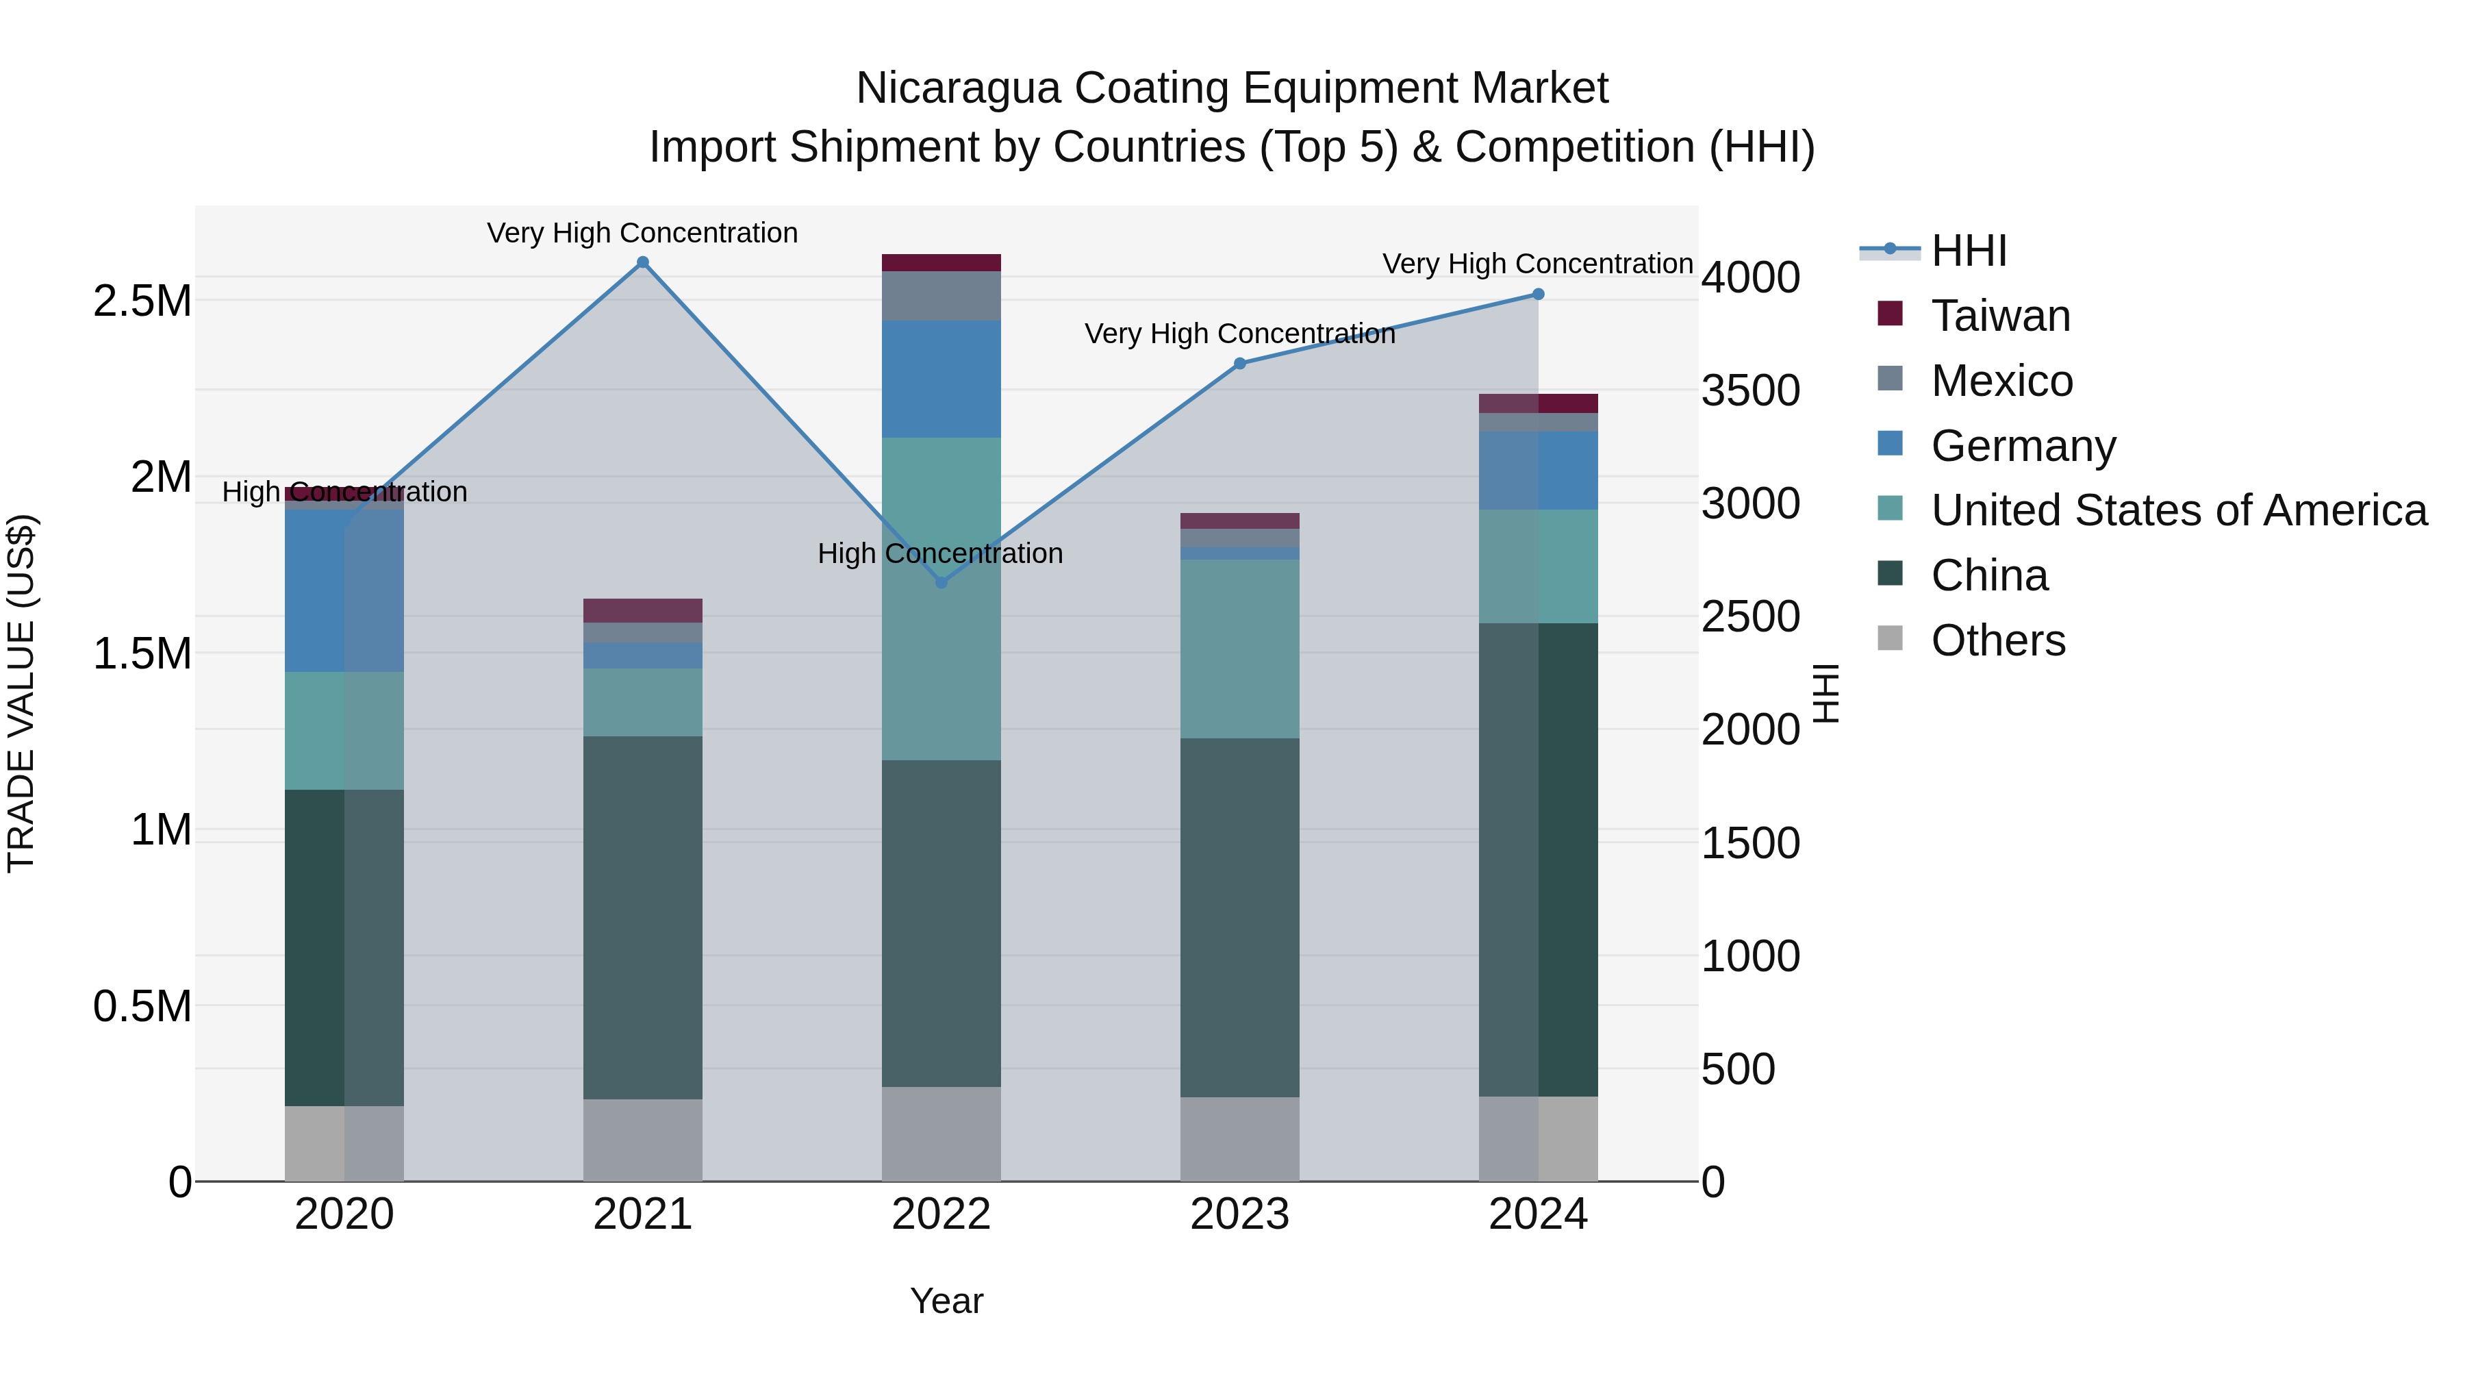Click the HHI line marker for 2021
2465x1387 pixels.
[642, 262]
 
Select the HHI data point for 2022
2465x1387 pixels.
[941, 582]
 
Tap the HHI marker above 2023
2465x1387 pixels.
[1239, 364]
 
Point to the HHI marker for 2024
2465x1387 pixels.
[1538, 294]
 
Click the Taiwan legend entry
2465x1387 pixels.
[2000, 316]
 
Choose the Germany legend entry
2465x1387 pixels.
[2023, 446]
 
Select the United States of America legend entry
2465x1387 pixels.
[2178, 510]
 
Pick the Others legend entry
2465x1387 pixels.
[1998, 640]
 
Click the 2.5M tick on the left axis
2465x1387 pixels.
[142, 301]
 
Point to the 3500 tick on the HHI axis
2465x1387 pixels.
[1750, 390]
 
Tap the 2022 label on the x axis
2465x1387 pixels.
[941, 1214]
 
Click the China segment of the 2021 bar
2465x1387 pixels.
[642, 917]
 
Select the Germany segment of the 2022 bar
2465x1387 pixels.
[941, 379]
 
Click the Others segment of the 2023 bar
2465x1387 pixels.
[1239, 1139]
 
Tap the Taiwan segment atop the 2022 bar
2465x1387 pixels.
[941, 263]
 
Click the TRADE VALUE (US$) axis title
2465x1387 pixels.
[21, 693]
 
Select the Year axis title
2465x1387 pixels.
[946, 1301]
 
